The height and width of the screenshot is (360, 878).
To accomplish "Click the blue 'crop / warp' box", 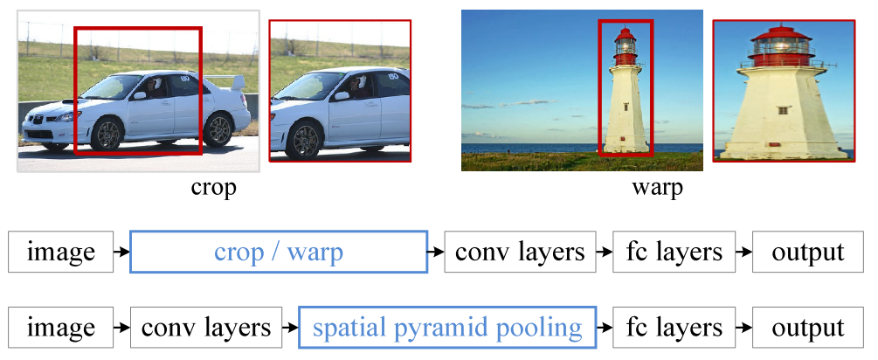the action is [x=279, y=253].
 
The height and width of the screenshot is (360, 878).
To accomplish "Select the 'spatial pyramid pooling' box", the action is [x=447, y=328].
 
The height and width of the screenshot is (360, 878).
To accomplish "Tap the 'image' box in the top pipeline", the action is [x=61, y=253].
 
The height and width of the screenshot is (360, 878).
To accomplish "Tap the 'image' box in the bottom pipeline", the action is [x=61, y=328].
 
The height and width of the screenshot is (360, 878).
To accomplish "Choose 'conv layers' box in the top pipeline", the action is [x=520, y=253].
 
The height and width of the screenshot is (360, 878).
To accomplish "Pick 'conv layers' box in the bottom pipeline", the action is [x=206, y=328].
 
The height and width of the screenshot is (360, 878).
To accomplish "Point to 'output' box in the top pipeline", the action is [x=808, y=253].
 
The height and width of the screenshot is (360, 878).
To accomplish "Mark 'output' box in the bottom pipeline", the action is [x=808, y=328].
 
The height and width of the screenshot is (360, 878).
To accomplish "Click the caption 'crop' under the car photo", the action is [x=213, y=187].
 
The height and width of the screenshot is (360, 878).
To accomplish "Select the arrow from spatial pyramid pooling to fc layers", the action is [x=605, y=328].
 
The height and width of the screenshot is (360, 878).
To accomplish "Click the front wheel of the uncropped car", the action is [x=107, y=135].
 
